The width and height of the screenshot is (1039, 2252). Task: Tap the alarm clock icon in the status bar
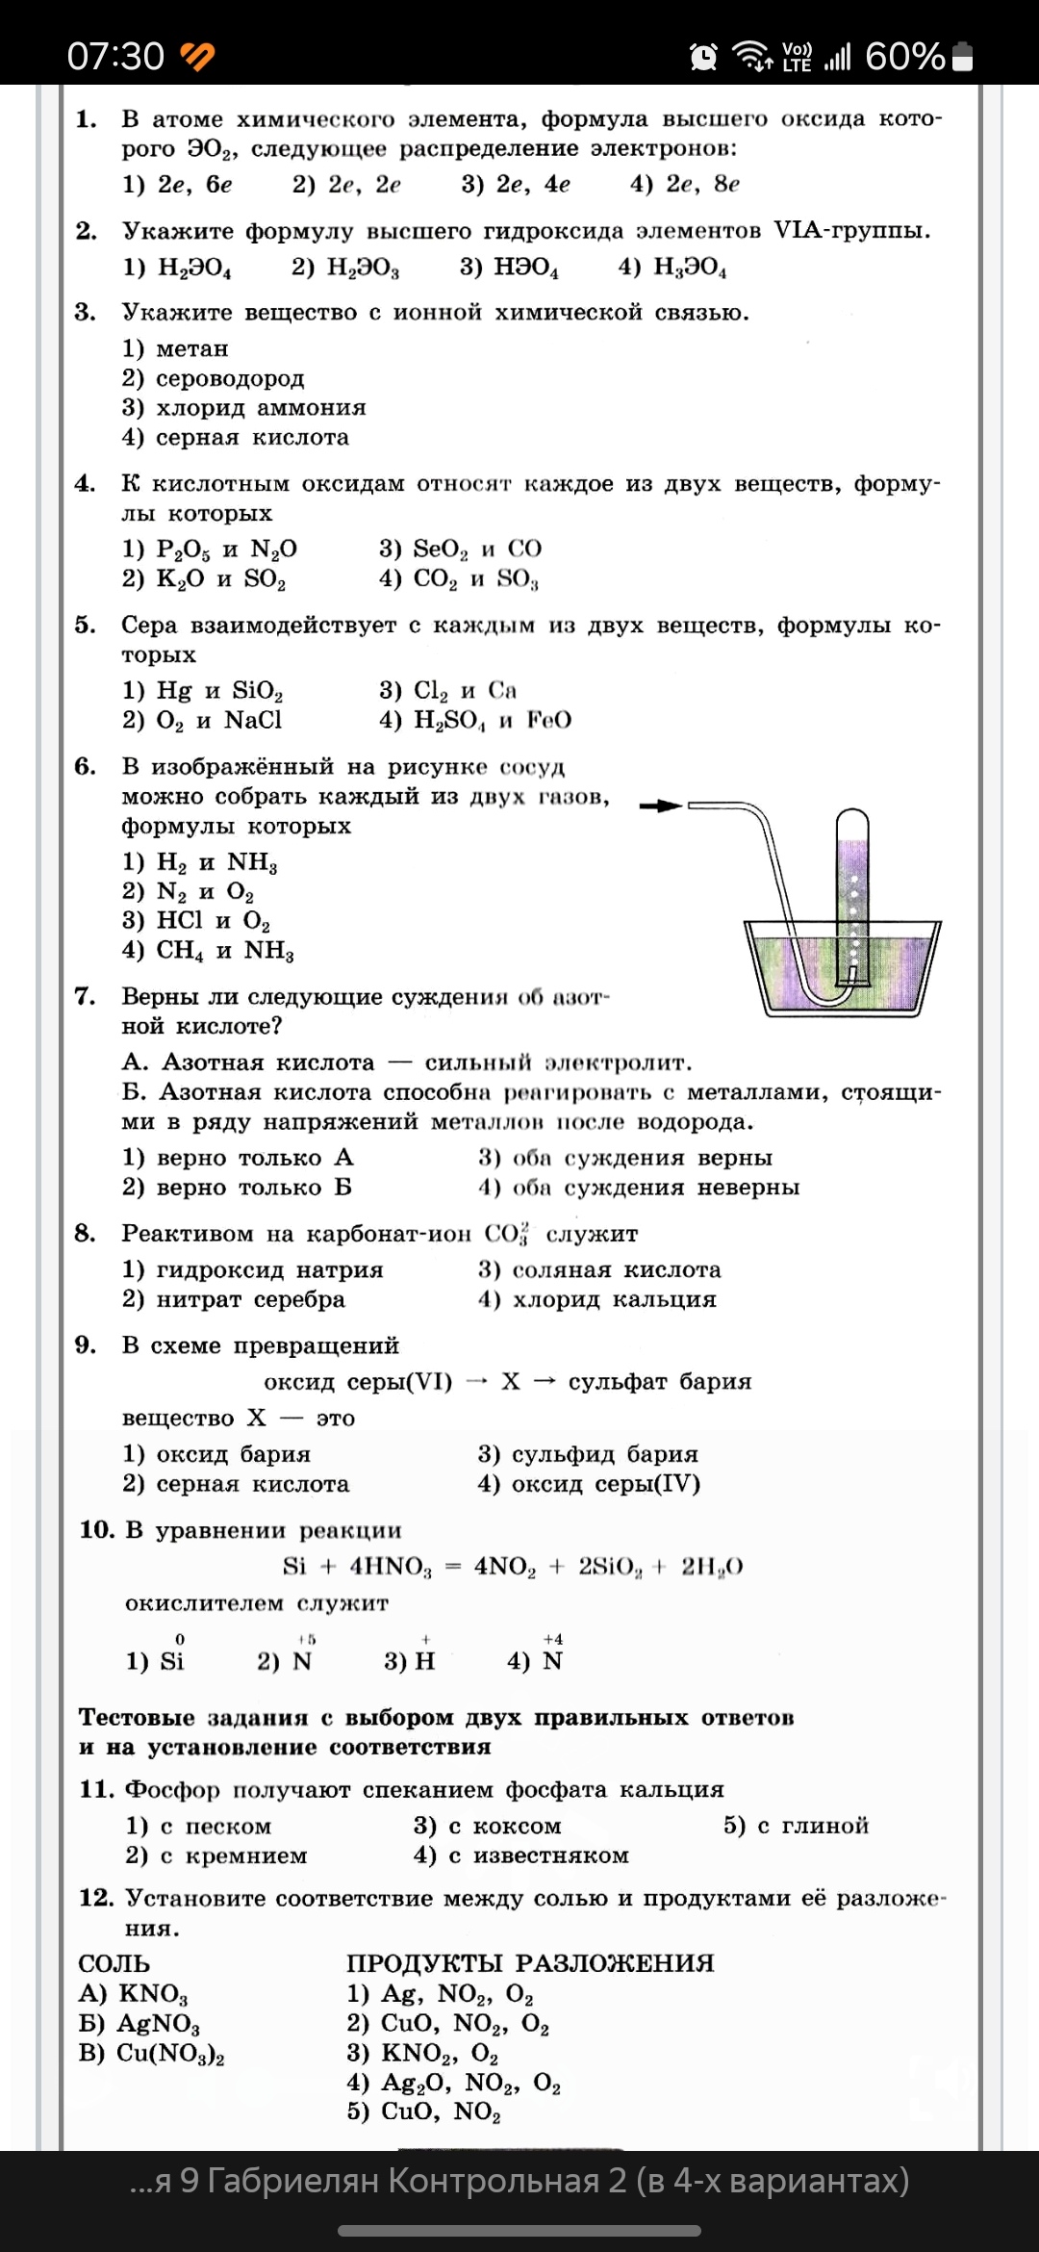coord(703,57)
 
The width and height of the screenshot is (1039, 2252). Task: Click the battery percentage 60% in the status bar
coord(904,57)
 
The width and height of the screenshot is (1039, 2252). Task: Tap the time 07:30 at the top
coord(115,57)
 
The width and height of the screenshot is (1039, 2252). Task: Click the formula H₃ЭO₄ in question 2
coord(689,268)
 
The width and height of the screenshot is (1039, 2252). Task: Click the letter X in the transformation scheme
coord(511,1382)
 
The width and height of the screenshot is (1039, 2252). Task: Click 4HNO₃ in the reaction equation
coord(391,1567)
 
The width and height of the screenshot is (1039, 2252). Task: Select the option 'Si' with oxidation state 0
coord(171,1661)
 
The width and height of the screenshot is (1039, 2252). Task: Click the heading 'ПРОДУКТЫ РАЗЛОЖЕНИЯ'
coord(530,1963)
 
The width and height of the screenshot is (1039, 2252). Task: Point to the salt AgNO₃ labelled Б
coord(158,2024)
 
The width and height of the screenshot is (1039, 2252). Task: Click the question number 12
coord(96,1898)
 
